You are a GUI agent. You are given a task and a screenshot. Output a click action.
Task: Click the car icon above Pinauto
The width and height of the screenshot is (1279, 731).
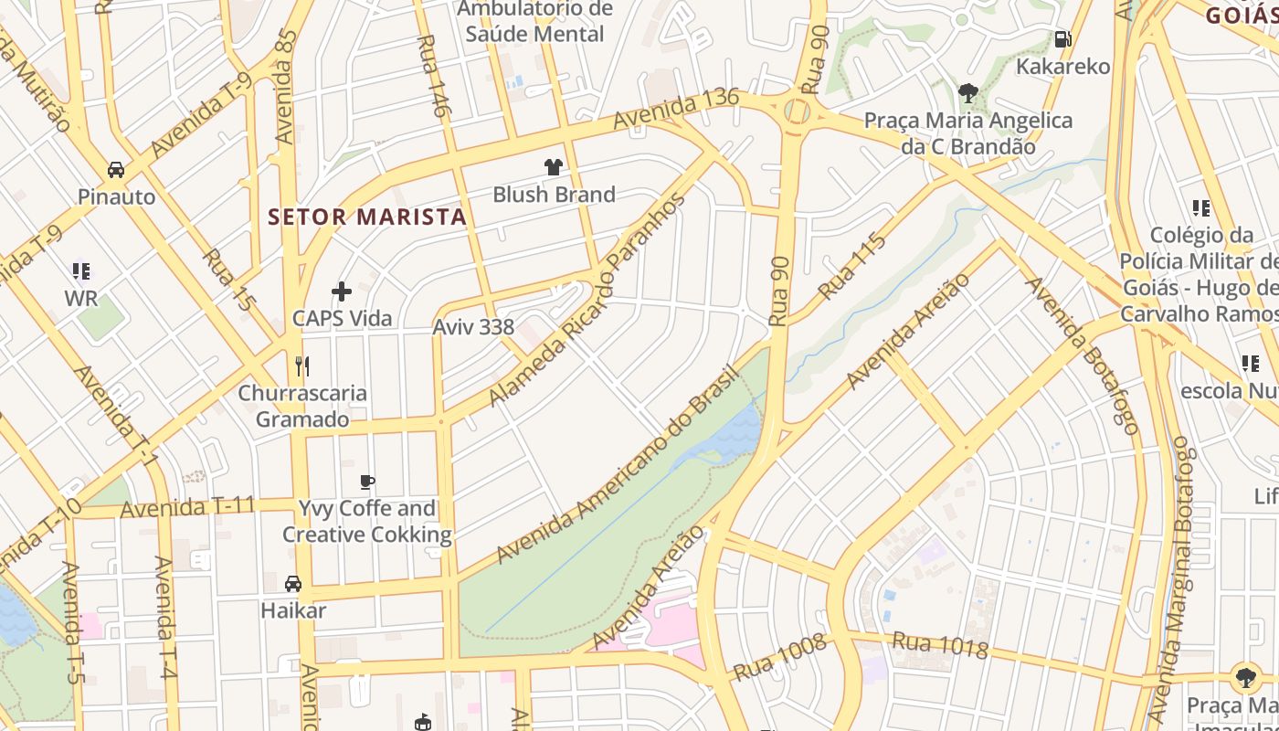point(116,169)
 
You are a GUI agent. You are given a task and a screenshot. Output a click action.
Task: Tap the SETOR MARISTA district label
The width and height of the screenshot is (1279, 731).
point(367,217)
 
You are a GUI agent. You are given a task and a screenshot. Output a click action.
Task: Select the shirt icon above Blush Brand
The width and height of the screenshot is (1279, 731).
point(553,166)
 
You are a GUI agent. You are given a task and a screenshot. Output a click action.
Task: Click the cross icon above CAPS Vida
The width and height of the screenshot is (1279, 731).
point(342,291)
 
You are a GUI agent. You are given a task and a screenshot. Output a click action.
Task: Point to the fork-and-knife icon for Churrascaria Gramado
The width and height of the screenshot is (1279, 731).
point(302,366)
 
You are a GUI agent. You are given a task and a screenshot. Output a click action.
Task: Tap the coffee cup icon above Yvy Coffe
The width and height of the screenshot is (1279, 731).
point(367,482)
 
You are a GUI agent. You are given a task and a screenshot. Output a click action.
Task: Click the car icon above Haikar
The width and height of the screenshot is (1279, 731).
point(293,583)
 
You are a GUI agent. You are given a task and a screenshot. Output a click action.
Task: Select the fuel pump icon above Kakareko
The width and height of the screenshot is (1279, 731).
point(1062,38)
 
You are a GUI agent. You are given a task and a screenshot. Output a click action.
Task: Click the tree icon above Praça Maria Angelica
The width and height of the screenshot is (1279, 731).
point(968,91)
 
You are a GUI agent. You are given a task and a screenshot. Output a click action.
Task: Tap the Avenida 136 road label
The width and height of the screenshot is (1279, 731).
point(676,109)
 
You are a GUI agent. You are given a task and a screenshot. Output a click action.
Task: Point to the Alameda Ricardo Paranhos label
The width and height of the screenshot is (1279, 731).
point(587,302)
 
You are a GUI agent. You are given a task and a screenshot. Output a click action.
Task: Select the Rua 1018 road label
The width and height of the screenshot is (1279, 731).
point(939,644)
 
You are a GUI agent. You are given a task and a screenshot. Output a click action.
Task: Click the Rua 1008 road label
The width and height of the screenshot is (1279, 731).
point(779,657)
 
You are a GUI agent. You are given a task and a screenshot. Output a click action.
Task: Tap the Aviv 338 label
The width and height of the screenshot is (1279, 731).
point(473,327)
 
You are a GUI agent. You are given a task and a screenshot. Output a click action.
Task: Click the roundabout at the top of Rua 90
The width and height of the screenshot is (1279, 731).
point(798,112)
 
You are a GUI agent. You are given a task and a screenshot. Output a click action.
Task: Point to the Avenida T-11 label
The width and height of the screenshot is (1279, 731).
point(187,507)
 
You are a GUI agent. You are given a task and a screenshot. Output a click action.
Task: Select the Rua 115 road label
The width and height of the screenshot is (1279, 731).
point(851,267)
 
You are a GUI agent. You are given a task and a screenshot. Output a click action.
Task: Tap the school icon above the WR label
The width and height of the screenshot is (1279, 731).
point(81,270)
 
